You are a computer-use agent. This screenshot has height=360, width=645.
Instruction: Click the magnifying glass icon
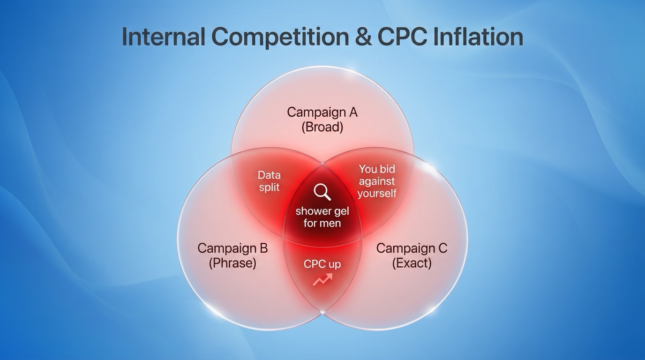click(x=322, y=192)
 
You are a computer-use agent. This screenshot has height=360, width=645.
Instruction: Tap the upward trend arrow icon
click(x=322, y=280)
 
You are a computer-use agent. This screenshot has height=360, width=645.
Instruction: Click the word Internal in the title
click(x=163, y=37)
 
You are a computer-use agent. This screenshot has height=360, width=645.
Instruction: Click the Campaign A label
click(x=322, y=112)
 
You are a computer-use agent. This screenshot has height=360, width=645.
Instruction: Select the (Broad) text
click(x=322, y=127)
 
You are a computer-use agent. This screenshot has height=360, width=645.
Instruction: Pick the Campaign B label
click(x=232, y=248)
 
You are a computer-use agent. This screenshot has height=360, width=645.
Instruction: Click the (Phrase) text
click(x=232, y=263)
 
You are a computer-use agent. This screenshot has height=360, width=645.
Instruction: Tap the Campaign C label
click(x=412, y=248)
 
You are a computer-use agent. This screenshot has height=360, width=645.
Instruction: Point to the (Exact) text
click(x=412, y=263)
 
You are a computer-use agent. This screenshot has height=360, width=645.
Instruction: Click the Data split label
click(x=269, y=181)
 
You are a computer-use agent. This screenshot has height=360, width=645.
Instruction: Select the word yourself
click(x=377, y=193)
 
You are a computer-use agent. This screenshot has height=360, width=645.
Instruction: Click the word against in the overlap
click(x=377, y=181)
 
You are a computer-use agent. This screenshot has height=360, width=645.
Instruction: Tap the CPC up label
click(x=322, y=264)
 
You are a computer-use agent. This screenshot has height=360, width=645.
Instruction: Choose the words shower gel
click(x=322, y=211)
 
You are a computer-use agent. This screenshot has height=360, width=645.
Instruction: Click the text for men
click(x=322, y=223)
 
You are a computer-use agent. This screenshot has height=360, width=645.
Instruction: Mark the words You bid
click(x=377, y=169)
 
